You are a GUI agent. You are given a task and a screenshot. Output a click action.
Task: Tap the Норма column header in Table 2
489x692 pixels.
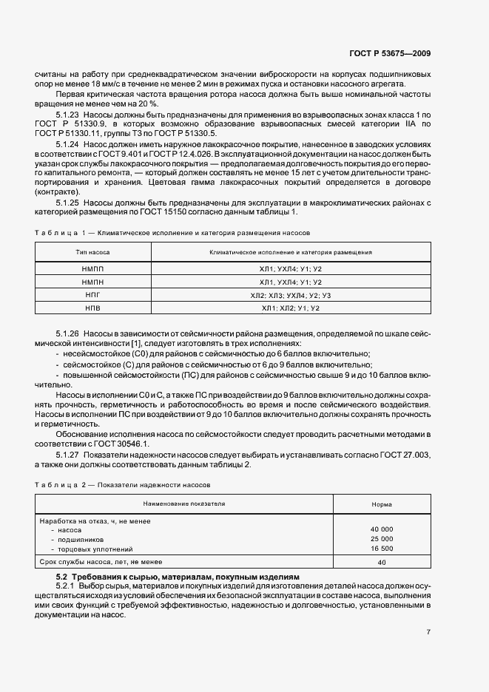tap(382, 504)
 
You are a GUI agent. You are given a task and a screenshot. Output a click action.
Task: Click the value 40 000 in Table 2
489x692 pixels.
tap(382, 529)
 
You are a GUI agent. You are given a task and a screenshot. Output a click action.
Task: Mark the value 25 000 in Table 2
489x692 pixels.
tap(382, 539)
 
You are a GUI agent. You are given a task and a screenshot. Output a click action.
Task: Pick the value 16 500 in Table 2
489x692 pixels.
tap(382, 549)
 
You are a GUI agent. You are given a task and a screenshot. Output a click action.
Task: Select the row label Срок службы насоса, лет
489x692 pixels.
tap(100, 563)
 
